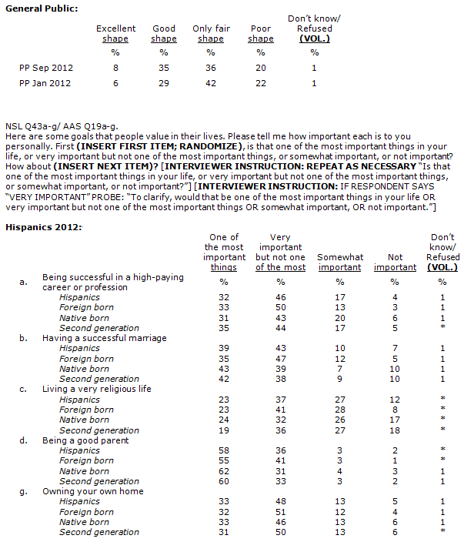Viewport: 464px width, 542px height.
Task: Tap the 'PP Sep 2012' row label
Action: point(46,68)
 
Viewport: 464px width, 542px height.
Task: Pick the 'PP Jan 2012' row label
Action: point(46,83)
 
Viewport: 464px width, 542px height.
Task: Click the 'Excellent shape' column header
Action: point(115,34)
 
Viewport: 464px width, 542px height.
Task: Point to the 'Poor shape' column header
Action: point(261,34)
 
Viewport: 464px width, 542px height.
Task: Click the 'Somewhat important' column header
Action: point(340,262)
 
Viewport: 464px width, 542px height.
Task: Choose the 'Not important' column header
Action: point(395,262)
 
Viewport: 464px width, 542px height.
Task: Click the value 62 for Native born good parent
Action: point(224,471)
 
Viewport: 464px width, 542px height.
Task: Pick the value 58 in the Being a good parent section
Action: point(224,450)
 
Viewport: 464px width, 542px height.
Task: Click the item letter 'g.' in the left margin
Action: point(24,491)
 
